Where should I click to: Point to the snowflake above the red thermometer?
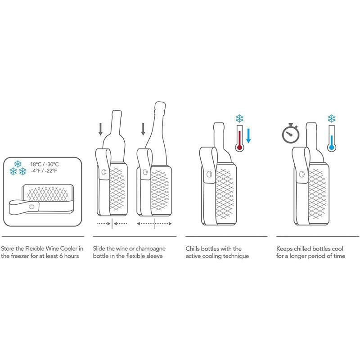pyautogui.click(x=240, y=119)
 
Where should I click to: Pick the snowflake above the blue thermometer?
pyautogui.click(x=332, y=119)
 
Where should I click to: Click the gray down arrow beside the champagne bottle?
pyautogui.click(x=144, y=130)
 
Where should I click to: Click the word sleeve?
pyautogui.click(x=154, y=256)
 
